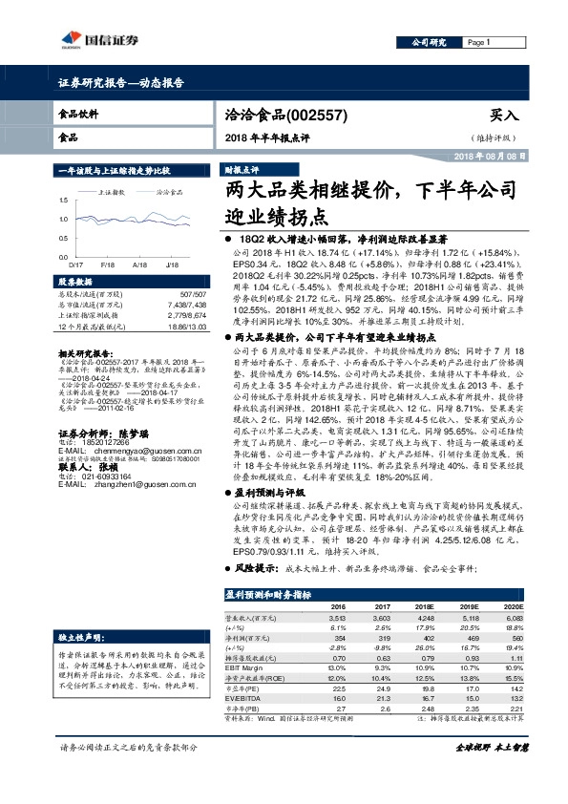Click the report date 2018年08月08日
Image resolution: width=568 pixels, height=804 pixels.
pyautogui.click(x=489, y=155)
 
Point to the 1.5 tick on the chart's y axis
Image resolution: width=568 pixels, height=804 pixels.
pyautogui.click(x=63, y=200)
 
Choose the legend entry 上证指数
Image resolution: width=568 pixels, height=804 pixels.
pyautogui.click(x=114, y=191)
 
